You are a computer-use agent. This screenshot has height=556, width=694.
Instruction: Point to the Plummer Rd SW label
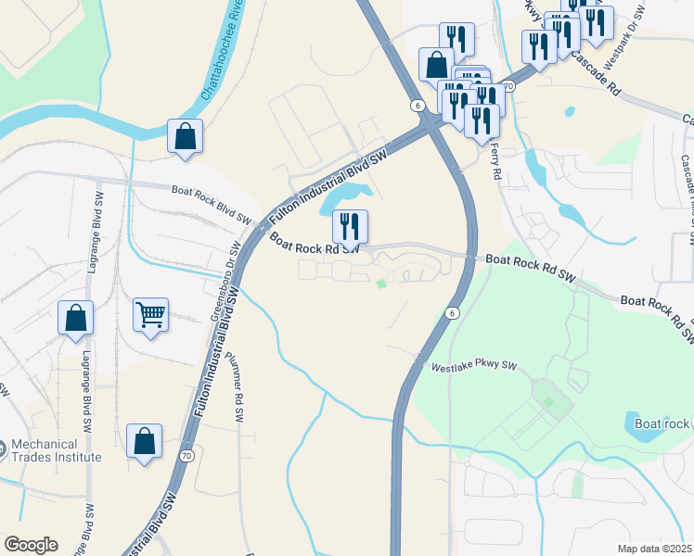point(235,390)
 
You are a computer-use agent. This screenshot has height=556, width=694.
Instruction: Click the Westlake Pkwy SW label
point(473,367)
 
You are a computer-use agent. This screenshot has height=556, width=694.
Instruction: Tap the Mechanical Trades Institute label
point(56,450)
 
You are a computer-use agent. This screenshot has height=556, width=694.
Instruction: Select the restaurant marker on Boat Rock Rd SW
point(350,226)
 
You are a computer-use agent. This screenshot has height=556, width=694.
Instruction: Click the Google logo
point(31,545)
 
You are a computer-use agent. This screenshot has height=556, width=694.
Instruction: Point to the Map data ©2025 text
point(655,549)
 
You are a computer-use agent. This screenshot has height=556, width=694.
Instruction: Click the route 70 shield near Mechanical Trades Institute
point(187,456)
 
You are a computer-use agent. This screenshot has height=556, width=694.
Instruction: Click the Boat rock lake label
point(662,423)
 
